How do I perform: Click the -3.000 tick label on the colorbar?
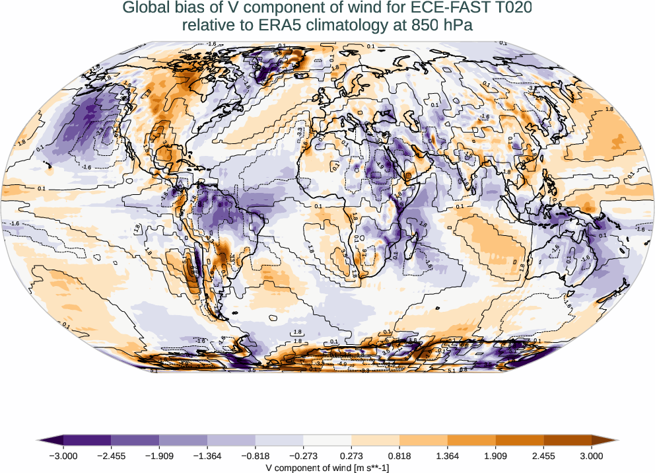coord(63,455)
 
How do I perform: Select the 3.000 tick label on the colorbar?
coord(592,455)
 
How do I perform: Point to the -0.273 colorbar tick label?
coord(304,455)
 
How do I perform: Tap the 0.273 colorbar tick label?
coord(352,455)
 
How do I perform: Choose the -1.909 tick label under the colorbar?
coord(160,455)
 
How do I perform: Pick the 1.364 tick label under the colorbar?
coord(448,455)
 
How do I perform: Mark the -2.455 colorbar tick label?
coord(112,455)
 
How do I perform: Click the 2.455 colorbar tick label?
coord(543,455)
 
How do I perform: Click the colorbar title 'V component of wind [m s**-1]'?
coord(327,467)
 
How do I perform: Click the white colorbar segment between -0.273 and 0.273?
coord(327,440)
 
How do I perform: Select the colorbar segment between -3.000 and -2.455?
coord(87,440)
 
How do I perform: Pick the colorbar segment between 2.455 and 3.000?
coord(567,440)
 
